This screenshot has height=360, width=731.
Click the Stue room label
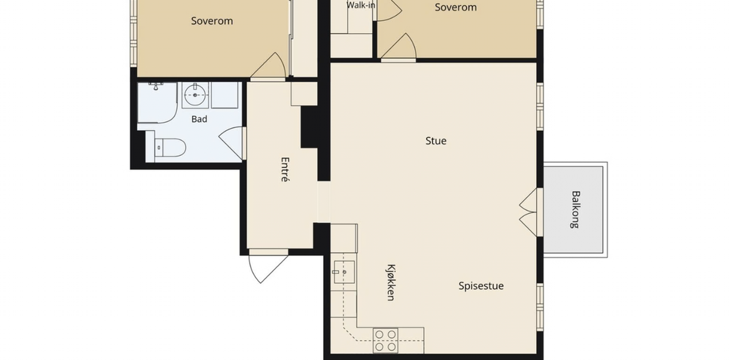[436, 141]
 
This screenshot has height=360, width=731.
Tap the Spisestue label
[481, 286]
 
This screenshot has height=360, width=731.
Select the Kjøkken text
[391, 282]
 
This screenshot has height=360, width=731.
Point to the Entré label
[285, 169]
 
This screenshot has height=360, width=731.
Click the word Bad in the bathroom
[199, 119]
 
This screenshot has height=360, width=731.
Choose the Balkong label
[576, 210]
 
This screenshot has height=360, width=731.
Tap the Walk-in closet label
[360, 5]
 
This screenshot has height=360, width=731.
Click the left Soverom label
[212, 21]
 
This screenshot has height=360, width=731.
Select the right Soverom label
[456, 7]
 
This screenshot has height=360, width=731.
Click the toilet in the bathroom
[170, 147]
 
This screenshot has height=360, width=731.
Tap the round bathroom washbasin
[195, 95]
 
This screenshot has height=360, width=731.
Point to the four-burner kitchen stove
[385, 341]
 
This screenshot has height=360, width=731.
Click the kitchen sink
[344, 272]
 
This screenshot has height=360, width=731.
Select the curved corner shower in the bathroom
[157, 103]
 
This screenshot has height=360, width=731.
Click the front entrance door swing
[268, 268]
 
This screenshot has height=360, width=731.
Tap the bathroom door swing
[231, 143]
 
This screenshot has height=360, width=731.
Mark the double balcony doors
[529, 212]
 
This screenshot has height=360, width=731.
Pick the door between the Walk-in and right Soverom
[389, 10]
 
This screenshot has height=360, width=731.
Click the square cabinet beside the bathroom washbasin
[224, 95]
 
